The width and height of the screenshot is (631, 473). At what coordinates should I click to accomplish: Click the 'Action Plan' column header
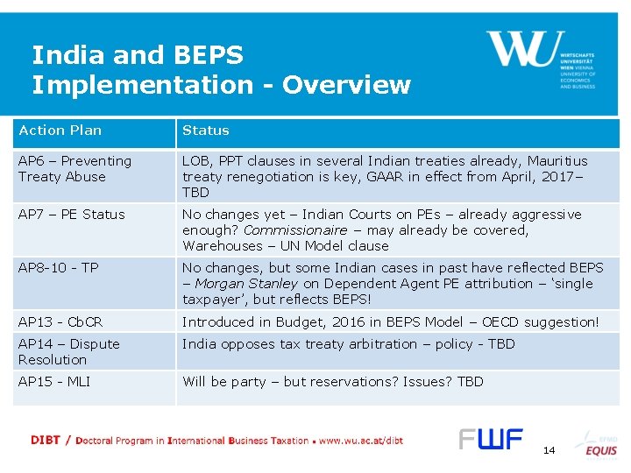[60, 131]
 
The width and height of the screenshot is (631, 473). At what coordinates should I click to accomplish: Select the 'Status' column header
[205, 131]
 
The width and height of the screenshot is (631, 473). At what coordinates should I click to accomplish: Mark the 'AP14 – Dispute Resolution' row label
[68, 352]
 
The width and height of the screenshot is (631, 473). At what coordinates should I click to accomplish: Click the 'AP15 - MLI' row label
[54, 382]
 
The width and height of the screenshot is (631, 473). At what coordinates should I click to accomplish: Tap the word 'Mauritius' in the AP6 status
[556, 161]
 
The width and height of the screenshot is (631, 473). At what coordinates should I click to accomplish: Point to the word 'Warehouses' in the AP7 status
[220, 246]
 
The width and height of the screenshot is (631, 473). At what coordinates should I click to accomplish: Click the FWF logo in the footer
[490, 440]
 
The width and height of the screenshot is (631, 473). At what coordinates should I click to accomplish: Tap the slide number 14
[549, 450]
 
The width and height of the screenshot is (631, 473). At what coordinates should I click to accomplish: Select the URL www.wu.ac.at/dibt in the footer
[361, 441]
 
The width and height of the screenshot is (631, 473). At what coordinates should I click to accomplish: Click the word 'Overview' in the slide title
[346, 85]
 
